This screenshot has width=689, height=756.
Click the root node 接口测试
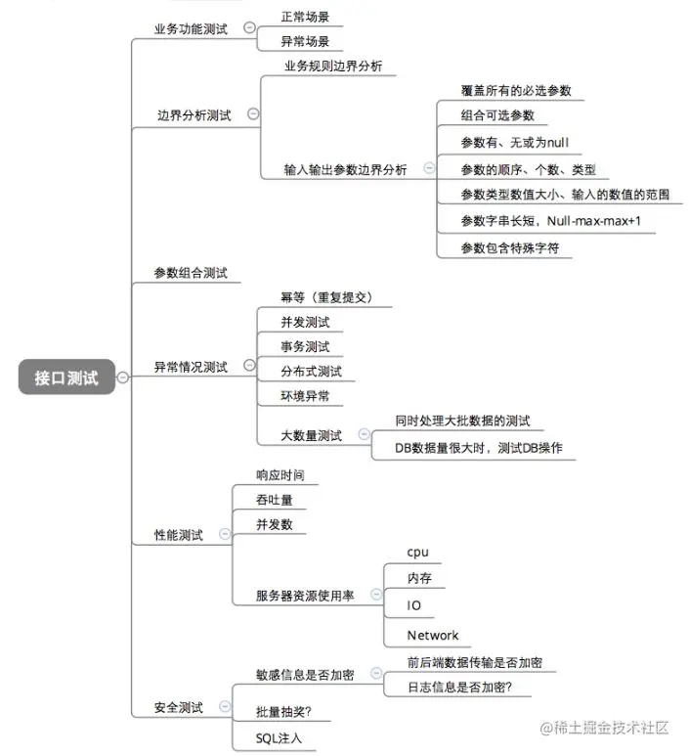point(66,378)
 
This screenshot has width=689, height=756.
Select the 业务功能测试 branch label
point(191,29)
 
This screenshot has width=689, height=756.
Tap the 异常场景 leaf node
point(305,41)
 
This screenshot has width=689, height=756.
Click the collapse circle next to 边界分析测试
point(253,114)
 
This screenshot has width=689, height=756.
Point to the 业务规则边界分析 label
point(333,67)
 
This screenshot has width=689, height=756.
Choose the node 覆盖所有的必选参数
point(516,90)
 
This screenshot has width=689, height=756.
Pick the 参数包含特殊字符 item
point(516,248)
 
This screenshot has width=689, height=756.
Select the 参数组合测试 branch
point(191,273)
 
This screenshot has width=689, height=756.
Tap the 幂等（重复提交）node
point(327,297)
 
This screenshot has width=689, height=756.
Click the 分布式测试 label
point(305,372)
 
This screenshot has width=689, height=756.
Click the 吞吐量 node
point(275,500)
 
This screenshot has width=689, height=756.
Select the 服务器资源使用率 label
point(305,595)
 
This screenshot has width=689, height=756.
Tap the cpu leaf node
point(418,552)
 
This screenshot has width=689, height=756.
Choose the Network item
point(432,635)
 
